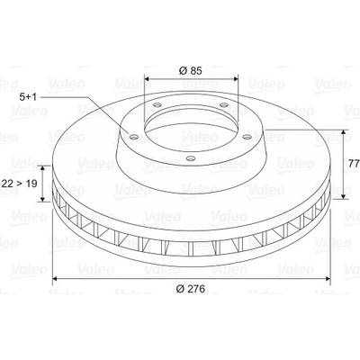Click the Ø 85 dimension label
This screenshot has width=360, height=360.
pos(191,71)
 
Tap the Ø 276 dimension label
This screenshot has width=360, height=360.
pos(191,289)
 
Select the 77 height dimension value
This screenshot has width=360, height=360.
pos(355,164)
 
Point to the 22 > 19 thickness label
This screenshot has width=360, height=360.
pos(20,183)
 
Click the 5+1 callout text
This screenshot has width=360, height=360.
pos(28,97)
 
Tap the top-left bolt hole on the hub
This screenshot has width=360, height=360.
pos(157,105)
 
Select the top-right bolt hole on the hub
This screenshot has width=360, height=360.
pos(223,104)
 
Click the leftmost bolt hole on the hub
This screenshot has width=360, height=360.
pos(134,138)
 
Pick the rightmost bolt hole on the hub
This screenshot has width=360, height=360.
pos(247,137)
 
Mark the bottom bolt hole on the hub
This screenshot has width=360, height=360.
pos(190,157)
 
